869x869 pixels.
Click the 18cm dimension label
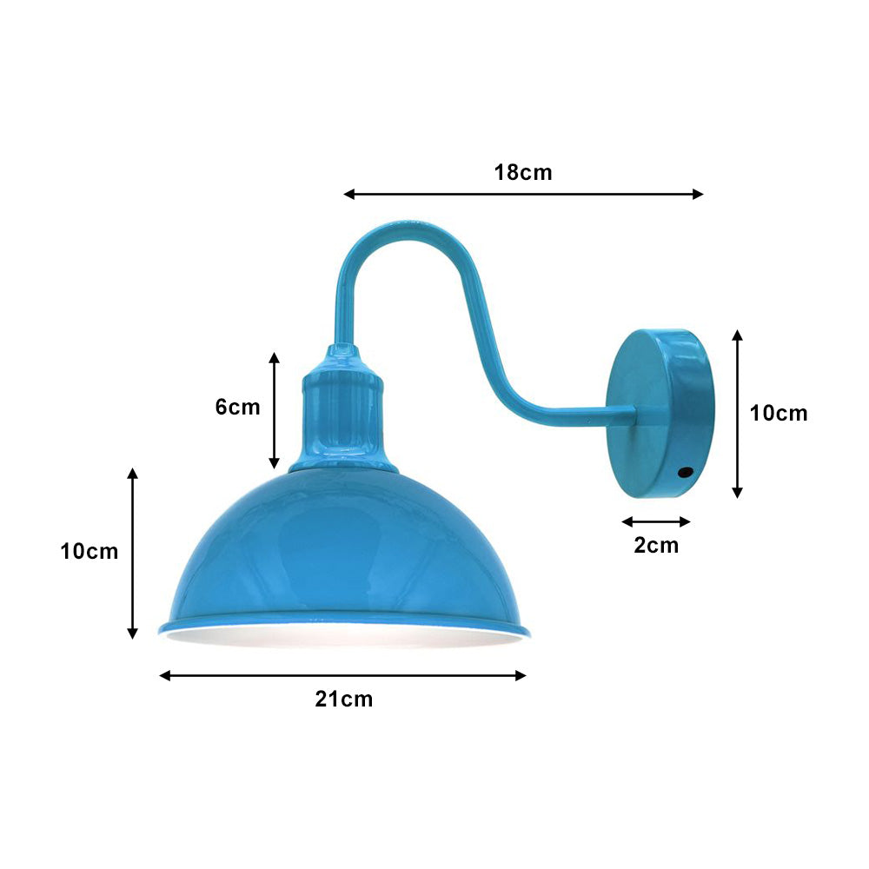(523, 172)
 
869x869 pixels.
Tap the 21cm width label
(343, 699)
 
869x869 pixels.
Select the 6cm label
(237, 407)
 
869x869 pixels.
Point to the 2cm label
(656, 546)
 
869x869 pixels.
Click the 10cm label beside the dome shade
(90, 551)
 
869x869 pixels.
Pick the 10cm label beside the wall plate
(779, 414)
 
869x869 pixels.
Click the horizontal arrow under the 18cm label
(523, 195)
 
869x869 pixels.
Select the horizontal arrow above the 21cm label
(343, 675)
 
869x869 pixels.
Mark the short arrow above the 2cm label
(656, 521)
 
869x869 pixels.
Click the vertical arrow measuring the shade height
(133, 553)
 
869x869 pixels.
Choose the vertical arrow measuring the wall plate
(738, 414)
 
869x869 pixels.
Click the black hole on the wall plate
(686, 473)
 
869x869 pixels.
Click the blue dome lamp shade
(343, 547)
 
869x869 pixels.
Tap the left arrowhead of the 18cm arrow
(348, 195)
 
